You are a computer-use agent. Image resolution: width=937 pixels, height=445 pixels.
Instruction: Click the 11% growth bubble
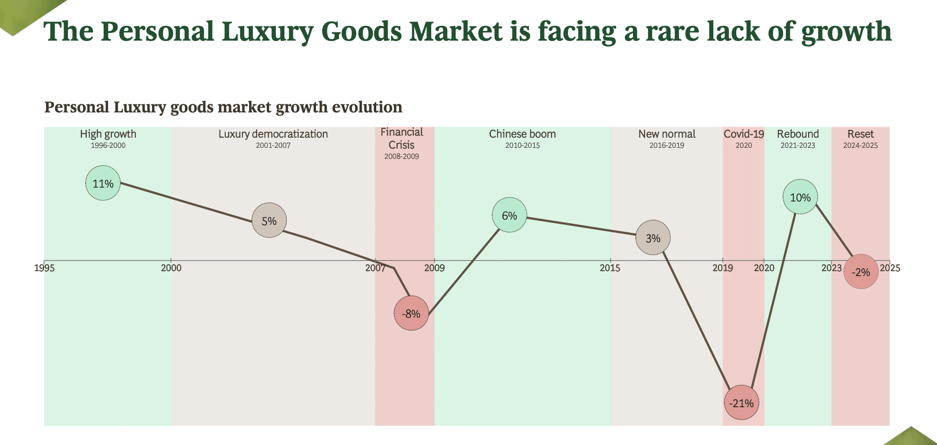103,183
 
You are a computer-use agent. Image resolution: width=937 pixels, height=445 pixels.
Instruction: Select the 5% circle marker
269,221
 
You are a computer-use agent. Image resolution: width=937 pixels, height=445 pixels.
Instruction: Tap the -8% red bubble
411,313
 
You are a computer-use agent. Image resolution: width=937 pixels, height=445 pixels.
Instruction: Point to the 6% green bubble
510,215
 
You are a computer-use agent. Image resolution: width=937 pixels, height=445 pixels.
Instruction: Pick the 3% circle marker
653,238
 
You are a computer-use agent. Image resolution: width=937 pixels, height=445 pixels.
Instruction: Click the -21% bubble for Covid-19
741,403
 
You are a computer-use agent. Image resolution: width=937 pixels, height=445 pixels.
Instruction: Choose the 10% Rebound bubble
800,197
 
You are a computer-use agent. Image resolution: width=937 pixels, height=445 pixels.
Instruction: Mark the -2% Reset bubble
861,272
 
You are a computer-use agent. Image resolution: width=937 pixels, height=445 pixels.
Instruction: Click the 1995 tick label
44,268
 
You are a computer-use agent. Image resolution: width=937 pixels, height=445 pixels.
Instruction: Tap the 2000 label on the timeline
171,268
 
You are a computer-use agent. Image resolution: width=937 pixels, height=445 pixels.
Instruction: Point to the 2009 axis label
434,268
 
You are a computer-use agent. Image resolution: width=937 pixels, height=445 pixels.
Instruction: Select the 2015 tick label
610,268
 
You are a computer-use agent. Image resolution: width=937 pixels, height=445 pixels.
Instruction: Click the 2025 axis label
890,268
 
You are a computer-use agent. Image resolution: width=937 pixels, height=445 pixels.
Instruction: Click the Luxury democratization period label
273,134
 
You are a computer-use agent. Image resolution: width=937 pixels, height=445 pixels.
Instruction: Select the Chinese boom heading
523,134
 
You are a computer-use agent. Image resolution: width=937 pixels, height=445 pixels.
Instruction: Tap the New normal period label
667,134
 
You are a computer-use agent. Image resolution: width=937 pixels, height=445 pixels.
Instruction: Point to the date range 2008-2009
402,156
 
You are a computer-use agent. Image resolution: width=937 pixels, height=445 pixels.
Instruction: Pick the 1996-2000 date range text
108,145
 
